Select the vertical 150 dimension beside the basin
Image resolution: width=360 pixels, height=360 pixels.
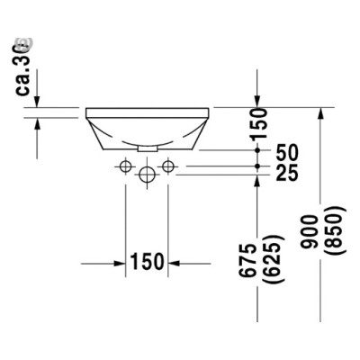pyautogui.click(x=260, y=121)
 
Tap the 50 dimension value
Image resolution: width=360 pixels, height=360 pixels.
pyautogui.click(x=286, y=152)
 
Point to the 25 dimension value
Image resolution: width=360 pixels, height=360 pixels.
pyautogui.click(x=286, y=173)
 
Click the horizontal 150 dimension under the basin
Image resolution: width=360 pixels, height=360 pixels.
pyautogui.click(x=146, y=262)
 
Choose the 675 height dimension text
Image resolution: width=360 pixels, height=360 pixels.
pyautogui.click(x=259, y=261)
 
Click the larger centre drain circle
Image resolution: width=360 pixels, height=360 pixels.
pyautogui.click(x=146, y=176)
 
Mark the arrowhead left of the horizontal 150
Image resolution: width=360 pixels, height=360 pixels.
pyautogui.click(x=117, y=263)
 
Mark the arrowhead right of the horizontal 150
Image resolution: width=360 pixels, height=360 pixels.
pyautogui.click(x=175, y=263)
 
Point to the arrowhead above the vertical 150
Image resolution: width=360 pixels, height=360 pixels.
pyautogui.click(x=259, y=100)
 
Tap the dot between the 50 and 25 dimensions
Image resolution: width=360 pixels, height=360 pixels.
pyautogui.click(x=259, y=166)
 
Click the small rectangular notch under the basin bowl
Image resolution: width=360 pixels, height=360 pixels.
pyautogui.click(x=146, y=145)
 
